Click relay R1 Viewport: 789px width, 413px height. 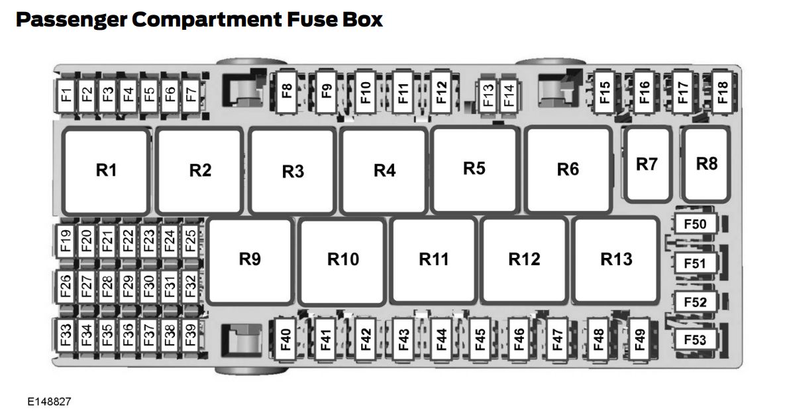click(106, 170)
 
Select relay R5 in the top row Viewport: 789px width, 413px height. click(474, 169)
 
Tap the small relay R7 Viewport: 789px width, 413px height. click(647, 164)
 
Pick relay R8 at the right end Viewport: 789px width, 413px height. click(707, 164)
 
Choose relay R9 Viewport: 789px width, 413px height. click(250, 260)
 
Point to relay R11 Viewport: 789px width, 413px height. click(433, 260)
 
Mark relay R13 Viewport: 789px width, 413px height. click(616, 259)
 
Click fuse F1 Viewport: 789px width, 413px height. click(66, 94)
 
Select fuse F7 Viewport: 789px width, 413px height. click(191, 94)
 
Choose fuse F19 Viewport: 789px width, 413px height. click(66, 240)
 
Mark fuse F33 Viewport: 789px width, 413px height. click(66, 335)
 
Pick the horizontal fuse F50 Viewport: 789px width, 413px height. click(695, 224)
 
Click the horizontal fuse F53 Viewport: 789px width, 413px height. click(695, 341)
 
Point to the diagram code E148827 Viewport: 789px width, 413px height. click(49, 402)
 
